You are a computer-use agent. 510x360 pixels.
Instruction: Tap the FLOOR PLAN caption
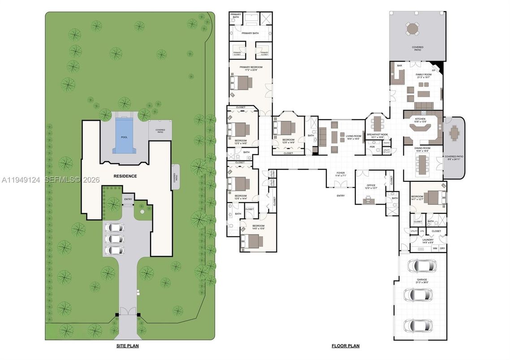click(x=345, y=346)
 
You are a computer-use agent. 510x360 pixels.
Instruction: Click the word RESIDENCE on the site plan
click(x=125, y=176)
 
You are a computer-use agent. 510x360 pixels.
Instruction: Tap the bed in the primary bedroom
click(x=242, y=83)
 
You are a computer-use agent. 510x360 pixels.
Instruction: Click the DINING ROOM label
click(x=423, y=149)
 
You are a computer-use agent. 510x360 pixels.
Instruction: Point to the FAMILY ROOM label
click(x=424, y=75)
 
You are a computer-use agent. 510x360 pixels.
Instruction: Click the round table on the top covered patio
click(x=412, y=29)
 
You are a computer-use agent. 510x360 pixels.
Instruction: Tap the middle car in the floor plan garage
click(x=418, y=295)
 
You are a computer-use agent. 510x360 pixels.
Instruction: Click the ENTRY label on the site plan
click(x=129, y=199)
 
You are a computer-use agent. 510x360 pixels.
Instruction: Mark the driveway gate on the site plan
click(x=128, y=312)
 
